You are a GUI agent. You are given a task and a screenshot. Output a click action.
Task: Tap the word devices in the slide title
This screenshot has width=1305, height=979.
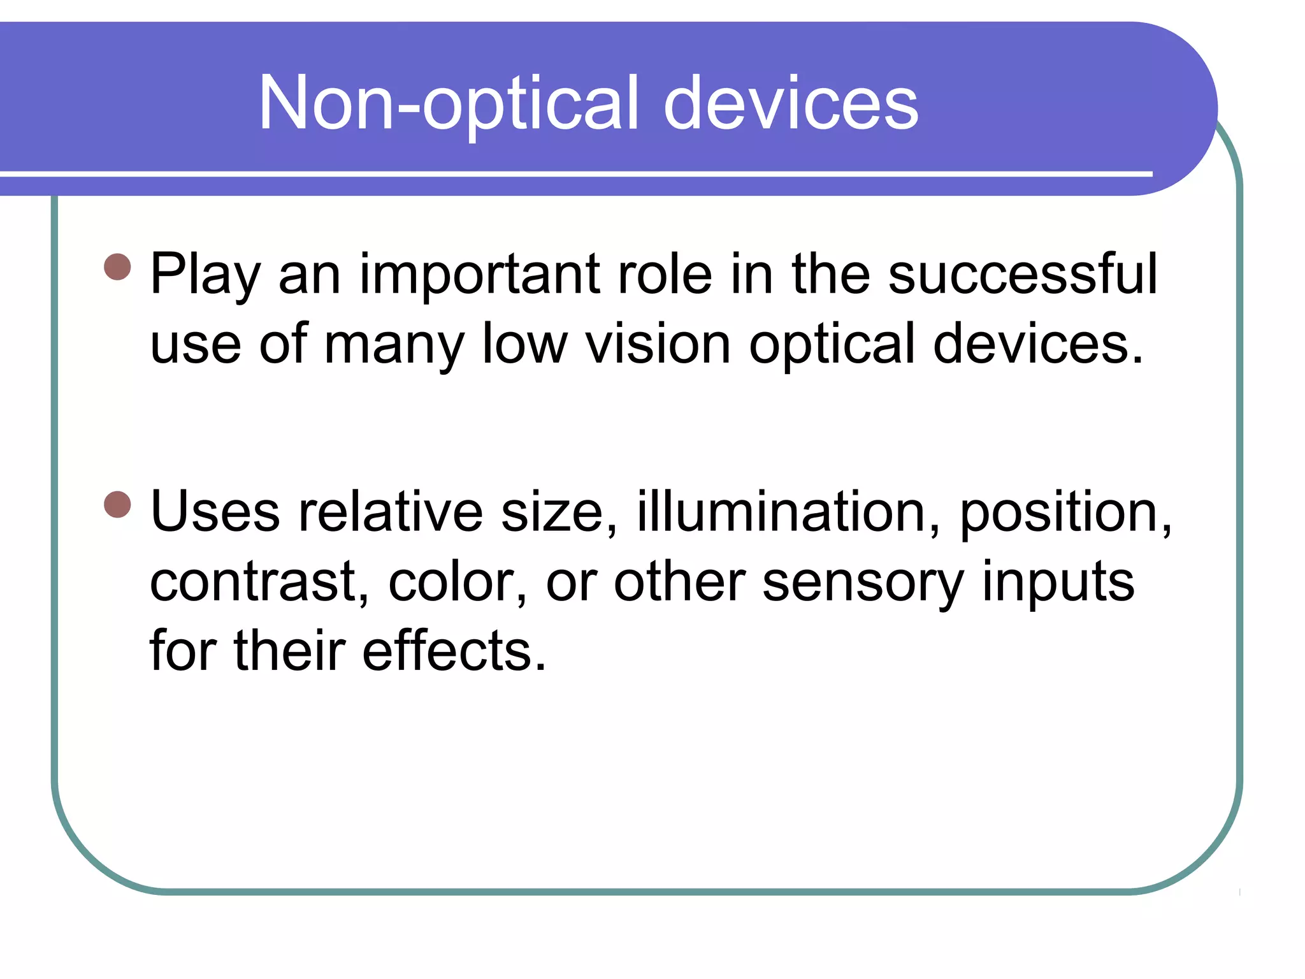click(x=790, y=104)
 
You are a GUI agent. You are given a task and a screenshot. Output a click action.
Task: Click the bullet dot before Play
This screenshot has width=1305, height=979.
click(x=117, y=267)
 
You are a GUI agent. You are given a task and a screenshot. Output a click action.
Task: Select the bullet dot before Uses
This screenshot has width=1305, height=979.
click(x=117, y=504)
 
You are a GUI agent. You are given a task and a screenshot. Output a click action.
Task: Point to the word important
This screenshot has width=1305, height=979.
click(x=480, y=275)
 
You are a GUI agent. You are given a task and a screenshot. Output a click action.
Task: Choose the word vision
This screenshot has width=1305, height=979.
click(x=658, y=344)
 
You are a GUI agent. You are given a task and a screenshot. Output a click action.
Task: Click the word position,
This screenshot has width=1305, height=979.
click(x=1065, y=513)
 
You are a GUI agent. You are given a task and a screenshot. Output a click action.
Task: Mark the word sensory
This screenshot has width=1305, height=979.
click(x=863, y=584)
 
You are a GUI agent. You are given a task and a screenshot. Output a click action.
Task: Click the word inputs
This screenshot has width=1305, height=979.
click(x=1058, y=584)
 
